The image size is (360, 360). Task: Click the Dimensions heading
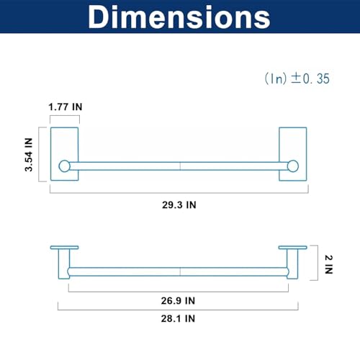179,17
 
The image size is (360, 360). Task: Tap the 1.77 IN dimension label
66,107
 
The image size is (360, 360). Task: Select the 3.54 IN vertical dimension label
28,155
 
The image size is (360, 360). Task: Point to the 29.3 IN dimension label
179,205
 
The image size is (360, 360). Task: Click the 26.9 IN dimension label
178,301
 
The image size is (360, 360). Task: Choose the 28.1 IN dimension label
178,319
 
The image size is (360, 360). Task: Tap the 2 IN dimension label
328,264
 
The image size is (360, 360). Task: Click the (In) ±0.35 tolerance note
297,78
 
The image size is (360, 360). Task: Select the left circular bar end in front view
64,166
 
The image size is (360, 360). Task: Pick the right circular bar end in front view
293,166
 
